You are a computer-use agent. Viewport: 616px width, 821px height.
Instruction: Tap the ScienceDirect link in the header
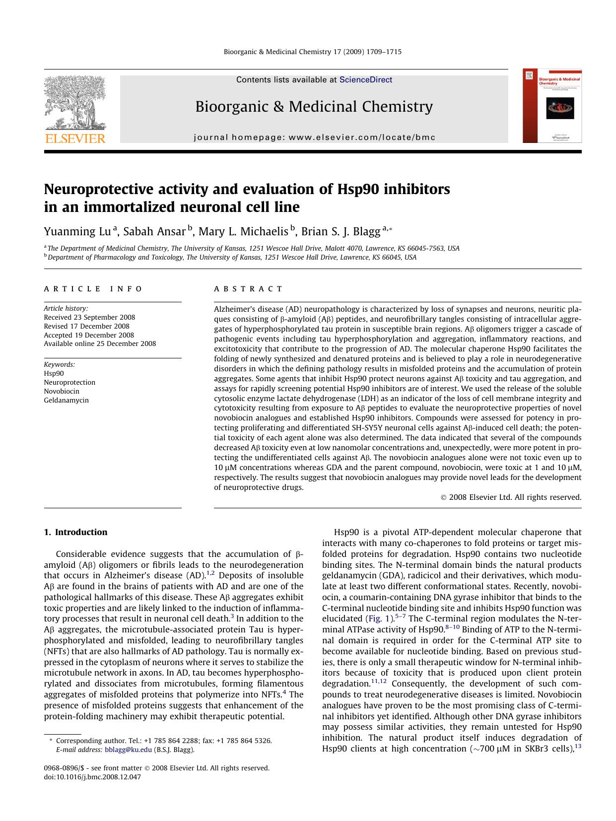[x=365, y=80]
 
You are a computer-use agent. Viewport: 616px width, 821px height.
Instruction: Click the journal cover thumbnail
[x=552, y=106]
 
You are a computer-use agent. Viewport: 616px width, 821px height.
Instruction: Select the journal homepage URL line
[x=314, y=137]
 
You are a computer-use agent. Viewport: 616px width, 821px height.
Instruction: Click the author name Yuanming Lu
[x=77, y=231]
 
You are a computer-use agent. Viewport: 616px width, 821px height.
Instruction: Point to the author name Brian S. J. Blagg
[x=341, y=231]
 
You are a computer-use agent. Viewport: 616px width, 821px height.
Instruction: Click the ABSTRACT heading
[x=248, y=289]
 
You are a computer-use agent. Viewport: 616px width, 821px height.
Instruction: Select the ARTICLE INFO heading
[x=93, y=289]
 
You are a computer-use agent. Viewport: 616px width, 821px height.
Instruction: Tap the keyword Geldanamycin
[x=66, y=400]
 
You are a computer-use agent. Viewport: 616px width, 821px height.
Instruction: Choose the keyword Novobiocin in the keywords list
[x=62, y=391]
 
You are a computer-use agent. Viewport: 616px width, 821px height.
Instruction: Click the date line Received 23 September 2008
[x=89, y=317]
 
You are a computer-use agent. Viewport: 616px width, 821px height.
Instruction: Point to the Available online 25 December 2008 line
[x=100, y=343]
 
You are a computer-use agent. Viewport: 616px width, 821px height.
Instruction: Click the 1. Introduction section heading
[x=75, y=532]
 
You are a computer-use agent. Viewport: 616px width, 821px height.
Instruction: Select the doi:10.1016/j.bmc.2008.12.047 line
[x=92, y=777]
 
